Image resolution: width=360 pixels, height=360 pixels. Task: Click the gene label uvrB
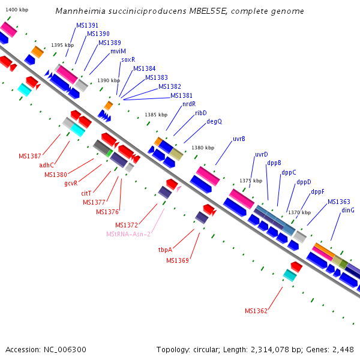(x=239, y=139)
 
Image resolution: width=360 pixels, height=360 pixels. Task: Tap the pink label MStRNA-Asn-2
(x=128, y=233)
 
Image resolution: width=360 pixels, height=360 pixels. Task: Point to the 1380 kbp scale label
(x=203, y=148)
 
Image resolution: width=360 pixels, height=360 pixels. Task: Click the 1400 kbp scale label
(x=16, y=10)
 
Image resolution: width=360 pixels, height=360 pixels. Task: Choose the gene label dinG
(x=348, y=210)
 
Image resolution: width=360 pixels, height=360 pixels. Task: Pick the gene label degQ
(x=214, y=121)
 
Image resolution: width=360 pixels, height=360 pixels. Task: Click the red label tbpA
(x=166, y=249)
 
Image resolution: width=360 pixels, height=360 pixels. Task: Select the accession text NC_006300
(x=64, y=349)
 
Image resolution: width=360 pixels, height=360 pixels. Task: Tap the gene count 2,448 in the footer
(x=341, y=349)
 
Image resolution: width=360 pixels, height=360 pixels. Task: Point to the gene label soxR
(x=128, y=59)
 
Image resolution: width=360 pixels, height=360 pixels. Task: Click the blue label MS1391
(x=88, y=26)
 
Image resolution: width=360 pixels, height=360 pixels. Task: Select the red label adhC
(x=47, y=165)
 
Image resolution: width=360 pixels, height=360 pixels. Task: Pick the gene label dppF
(x=318, y=192)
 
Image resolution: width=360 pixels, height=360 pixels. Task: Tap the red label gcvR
(x=71, y=183)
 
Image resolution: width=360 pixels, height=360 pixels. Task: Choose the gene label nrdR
(x=189, y=104)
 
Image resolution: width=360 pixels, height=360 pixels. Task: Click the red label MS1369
(x=178, y=260)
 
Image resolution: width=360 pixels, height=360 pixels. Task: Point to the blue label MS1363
(x=339, y=202)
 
